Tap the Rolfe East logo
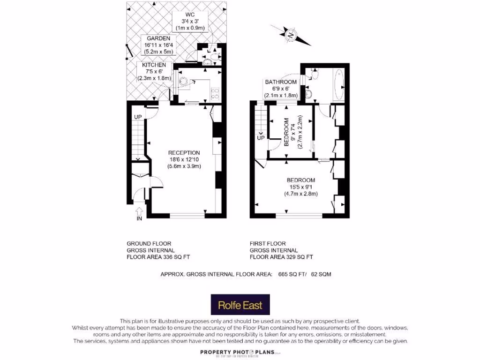pos(240,305)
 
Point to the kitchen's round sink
pos(184,81)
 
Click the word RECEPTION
pos(184,153)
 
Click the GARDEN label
pos(158,38)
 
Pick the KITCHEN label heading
pos(151,65)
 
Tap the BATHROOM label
pos(281,82)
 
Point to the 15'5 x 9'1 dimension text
pos(300,187)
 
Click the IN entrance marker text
pos(139,218)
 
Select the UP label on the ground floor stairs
pos(138,117)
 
